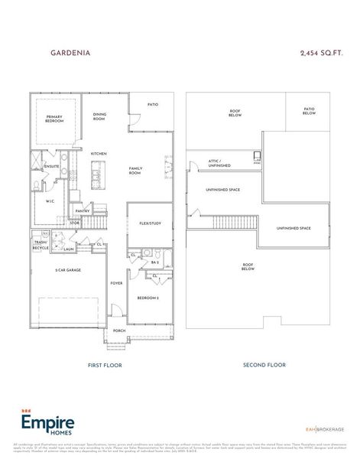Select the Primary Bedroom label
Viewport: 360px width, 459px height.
pos(54,119)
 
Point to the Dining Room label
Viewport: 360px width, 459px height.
pos(99,117)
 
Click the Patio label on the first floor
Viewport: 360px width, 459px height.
pos(152,104)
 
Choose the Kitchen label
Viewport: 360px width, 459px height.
pos(99,154)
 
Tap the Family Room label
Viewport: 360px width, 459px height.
pos(136,171)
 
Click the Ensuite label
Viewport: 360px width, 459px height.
pos(52,165)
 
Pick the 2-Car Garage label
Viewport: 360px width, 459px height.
pos(68,270)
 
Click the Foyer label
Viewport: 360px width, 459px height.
pos(116,283)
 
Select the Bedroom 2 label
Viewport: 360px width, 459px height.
pos(148,297)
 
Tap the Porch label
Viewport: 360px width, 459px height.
pos(119,330)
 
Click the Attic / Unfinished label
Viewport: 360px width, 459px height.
pos(219,163)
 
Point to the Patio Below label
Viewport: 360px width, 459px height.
pos(310,111)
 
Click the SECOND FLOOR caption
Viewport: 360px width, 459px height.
pos(264,365)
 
